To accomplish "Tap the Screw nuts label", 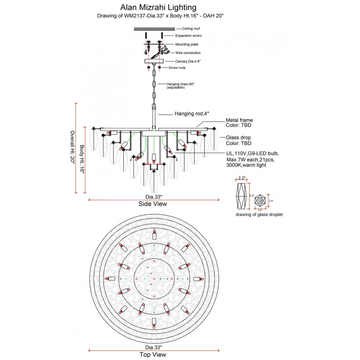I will point(177,67).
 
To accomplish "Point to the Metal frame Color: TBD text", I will point(239,123).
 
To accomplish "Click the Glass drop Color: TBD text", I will point(238,140).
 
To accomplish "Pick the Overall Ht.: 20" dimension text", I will point(72,148).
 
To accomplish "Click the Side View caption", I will point(153,204).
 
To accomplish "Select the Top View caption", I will point(153,355).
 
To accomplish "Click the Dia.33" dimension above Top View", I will point(153,347).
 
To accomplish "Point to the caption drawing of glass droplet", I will point(259,215).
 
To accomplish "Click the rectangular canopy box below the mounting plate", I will point(153,61).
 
